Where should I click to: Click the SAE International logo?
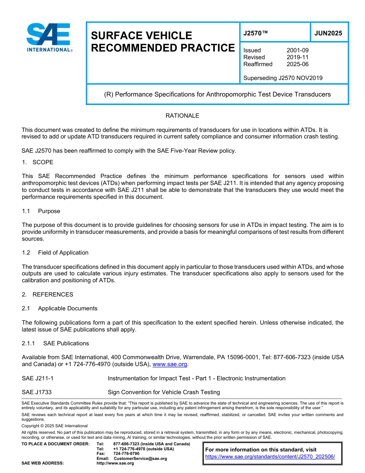pos(49,37)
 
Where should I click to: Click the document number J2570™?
pos(255,33)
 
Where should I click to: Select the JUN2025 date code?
pos(328,33)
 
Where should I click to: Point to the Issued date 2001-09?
pos(297,50)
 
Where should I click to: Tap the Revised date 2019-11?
pos(297,57)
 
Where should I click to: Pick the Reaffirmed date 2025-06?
pos(297,64)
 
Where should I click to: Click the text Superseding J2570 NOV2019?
pos(283,78)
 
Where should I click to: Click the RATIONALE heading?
pos(182,116)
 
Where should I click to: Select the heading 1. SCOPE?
pos(38,162)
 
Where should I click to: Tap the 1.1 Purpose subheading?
pos(41,211)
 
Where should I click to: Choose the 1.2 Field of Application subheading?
pos(55,253)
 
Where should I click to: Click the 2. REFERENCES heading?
pos(47,295)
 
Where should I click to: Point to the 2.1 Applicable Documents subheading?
pos(60,308)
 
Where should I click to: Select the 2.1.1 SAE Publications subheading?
pos(55,343)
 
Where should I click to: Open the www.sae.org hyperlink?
pos(170,365)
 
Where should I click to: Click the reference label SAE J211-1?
pos(38,378)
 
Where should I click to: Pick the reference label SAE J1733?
pos(37,392)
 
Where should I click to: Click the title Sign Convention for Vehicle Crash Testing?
pos(164,392)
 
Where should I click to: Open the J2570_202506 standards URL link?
pos(270,457)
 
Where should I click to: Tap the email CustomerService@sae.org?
pos(140,458)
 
